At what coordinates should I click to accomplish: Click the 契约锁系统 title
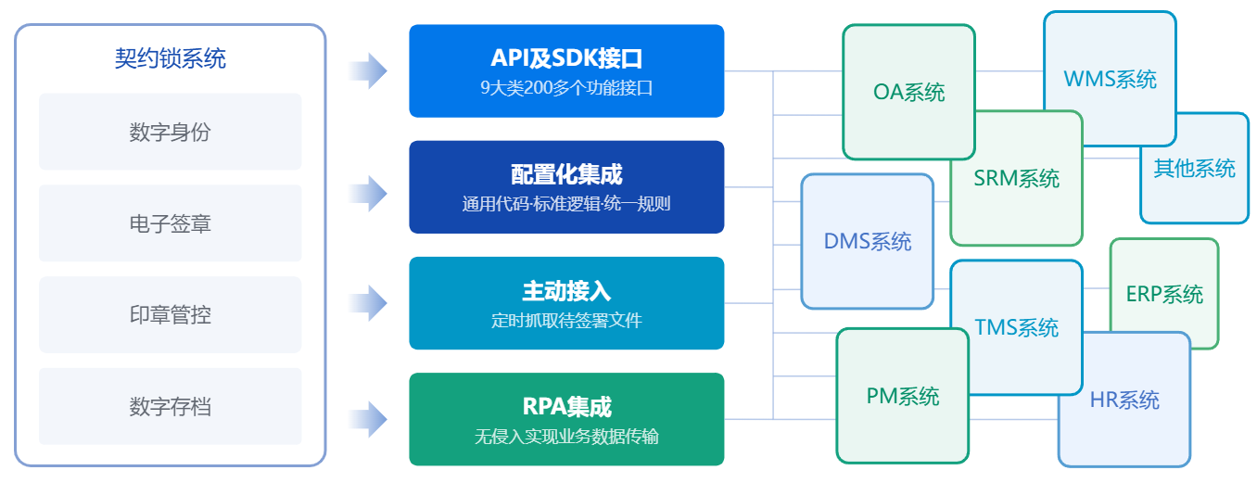point(170,59)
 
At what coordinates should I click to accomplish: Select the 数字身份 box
point(170,132)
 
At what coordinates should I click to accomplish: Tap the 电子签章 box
point(170,223)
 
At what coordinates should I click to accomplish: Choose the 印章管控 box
point(170,314)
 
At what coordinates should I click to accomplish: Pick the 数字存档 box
point(170,406)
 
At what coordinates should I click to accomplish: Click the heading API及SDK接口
point(566,58)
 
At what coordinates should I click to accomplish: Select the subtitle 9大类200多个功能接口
point(566,89)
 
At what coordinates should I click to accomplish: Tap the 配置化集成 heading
point(566,173)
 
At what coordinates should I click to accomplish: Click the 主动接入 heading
point(566,290)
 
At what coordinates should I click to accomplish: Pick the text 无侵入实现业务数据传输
point(566,436)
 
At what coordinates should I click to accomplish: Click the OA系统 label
point(908,92)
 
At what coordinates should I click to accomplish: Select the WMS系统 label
point(1110,79)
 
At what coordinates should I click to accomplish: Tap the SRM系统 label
point(1016,178)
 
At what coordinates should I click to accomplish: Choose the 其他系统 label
point(1194,169)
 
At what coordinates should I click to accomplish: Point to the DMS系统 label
point(867,242)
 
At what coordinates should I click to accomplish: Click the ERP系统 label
point(1164,294)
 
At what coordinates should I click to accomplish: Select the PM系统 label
point(902,397)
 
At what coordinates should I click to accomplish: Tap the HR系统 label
point(1124,400)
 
